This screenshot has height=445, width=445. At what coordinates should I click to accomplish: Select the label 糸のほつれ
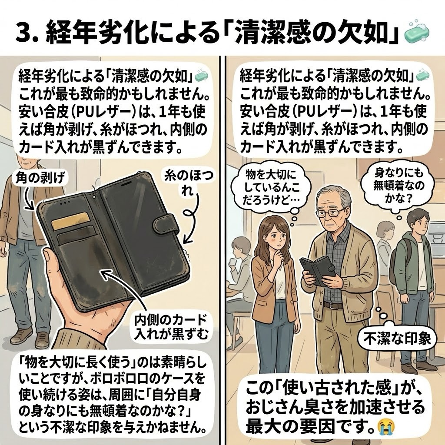click(189, 183)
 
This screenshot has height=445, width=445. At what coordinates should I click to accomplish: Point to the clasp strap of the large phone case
click(166, 225)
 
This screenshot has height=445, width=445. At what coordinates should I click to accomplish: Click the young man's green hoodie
click(408, 261)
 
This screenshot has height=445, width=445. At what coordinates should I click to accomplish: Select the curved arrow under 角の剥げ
click(29, 198)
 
